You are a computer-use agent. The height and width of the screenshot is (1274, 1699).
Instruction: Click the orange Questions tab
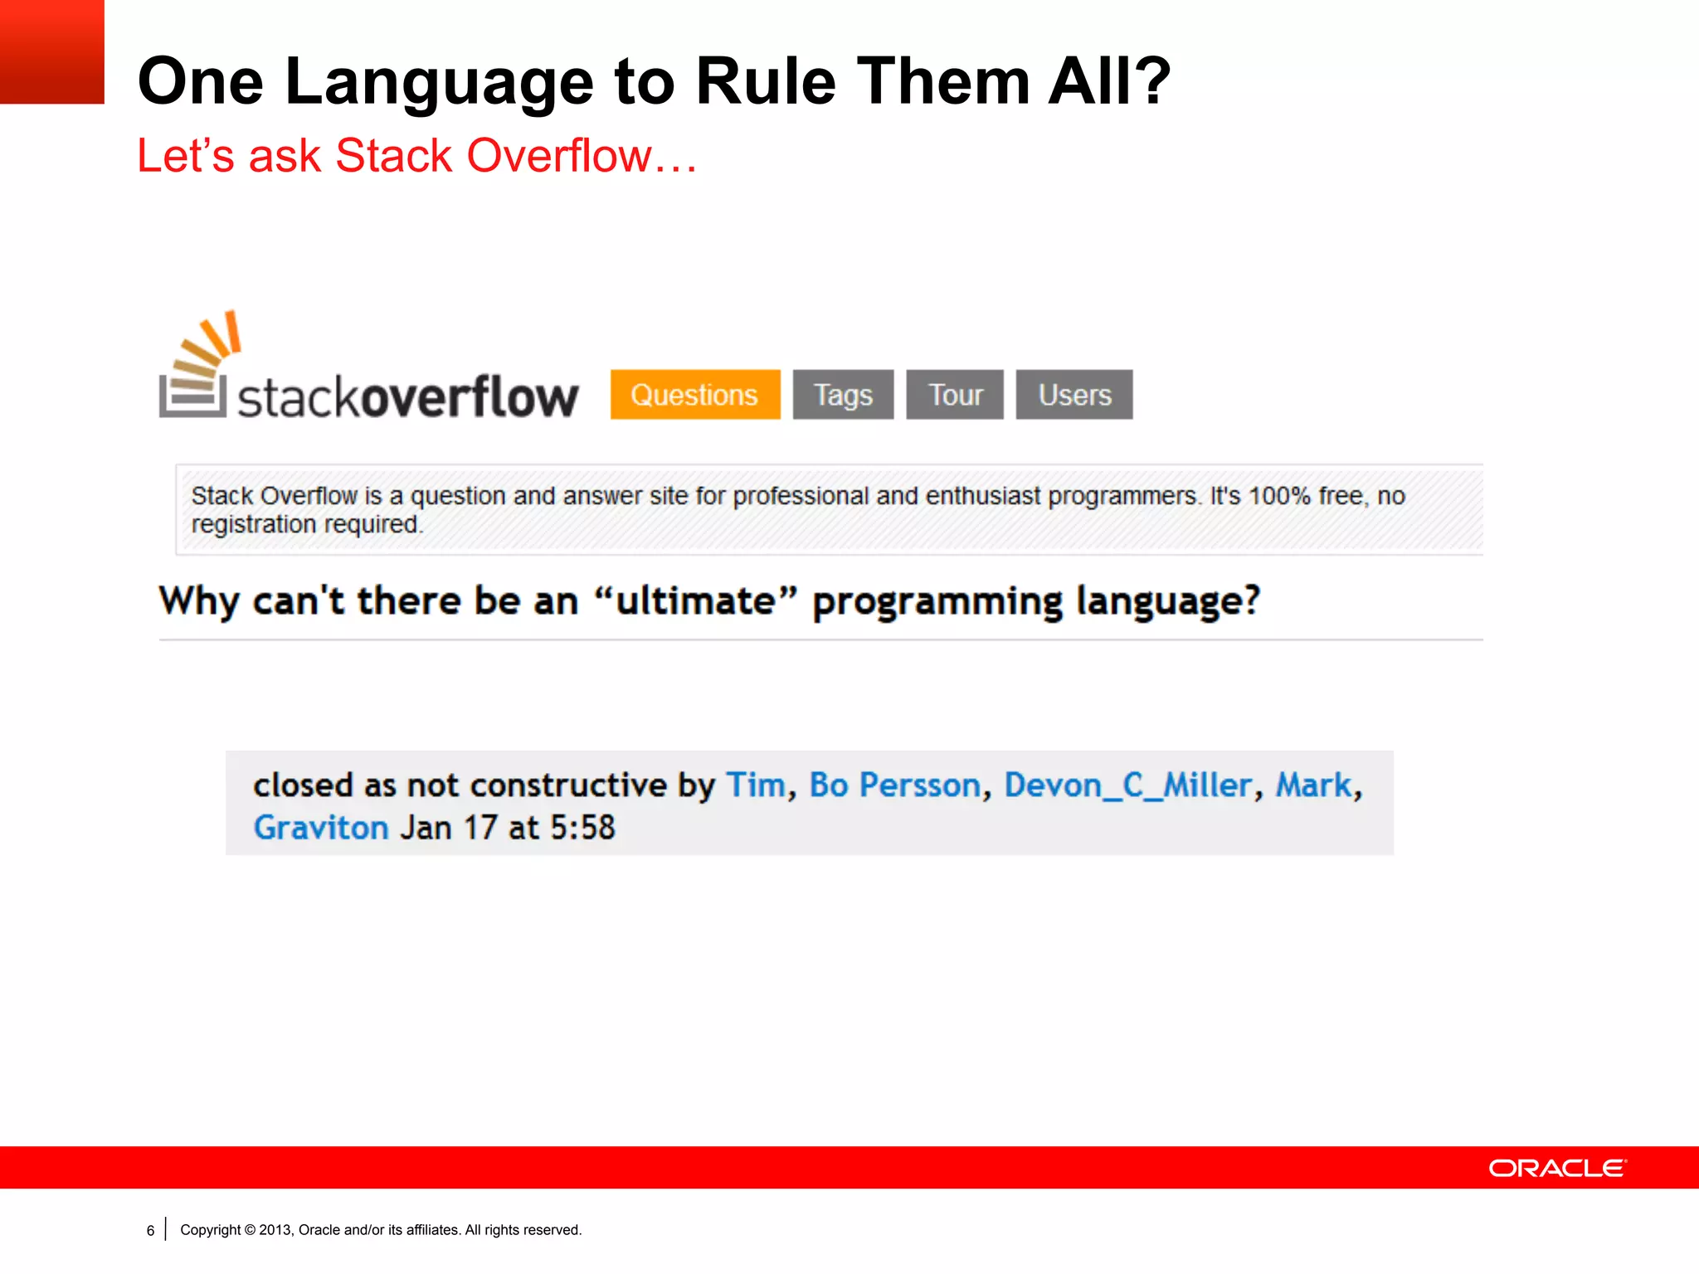[694, 395]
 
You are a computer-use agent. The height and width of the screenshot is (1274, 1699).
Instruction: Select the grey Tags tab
[843, 395]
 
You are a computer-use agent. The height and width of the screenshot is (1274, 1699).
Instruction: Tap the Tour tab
[954, 395]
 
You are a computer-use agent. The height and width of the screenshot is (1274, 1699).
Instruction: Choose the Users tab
[1073, 395]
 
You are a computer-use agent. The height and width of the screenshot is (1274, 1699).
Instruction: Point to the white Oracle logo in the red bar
[1557, 1168]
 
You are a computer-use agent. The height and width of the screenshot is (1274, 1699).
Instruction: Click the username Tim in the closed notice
[755, 785]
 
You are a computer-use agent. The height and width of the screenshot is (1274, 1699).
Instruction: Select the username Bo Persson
[894, 785]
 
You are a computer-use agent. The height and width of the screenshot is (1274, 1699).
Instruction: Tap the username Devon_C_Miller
[1127, 785]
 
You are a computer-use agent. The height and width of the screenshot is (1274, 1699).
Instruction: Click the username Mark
[1313, 785]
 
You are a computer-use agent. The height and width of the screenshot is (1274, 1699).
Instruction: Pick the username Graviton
[321, 828]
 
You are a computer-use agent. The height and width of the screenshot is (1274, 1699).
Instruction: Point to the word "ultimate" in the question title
[695, 601]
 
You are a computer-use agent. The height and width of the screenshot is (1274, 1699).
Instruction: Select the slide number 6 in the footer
[150, 1231]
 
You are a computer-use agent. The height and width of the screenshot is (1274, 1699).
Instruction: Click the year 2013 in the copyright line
[274, 1230]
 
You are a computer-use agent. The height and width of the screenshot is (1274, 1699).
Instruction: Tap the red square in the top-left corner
[51, 51]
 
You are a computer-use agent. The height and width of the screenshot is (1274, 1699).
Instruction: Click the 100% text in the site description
[1279, 496]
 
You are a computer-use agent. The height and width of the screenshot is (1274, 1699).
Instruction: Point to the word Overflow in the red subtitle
[560, 156]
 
